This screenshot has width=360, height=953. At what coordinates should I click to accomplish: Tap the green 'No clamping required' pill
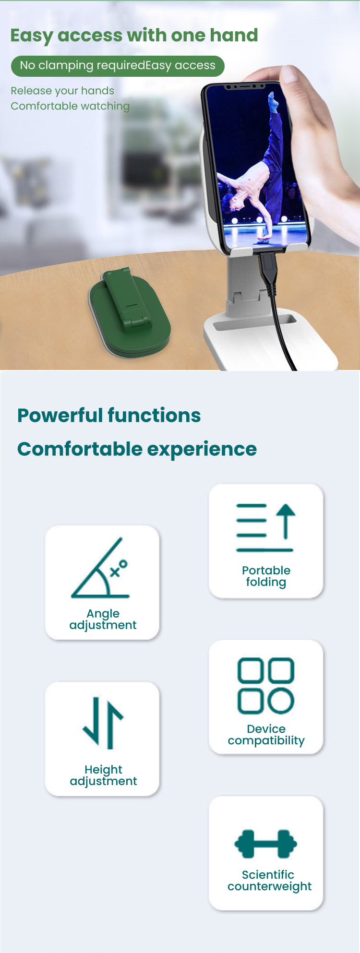tap(118, 66)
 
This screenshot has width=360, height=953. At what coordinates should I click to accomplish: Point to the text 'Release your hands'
tap(62, 91)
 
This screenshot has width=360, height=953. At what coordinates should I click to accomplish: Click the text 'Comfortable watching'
tap(70, 106)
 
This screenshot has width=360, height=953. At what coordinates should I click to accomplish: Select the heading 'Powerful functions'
tap(109, 416)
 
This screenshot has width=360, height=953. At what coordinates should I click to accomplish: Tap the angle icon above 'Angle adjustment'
tap(100, 568)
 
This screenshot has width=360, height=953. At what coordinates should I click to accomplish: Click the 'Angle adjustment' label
tap(103, 619)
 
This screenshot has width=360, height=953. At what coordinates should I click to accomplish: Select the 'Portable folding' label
tap(266, 576)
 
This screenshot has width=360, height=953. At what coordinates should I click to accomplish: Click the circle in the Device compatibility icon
tap(280, 701)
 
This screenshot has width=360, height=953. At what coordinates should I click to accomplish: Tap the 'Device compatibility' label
tap(266, 735)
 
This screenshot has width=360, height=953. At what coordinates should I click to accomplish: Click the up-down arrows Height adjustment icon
tap(103, 723)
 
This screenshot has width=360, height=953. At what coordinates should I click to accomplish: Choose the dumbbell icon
tap(265, 844)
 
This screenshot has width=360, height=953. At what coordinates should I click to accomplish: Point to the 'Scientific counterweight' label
tap(269, 881)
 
